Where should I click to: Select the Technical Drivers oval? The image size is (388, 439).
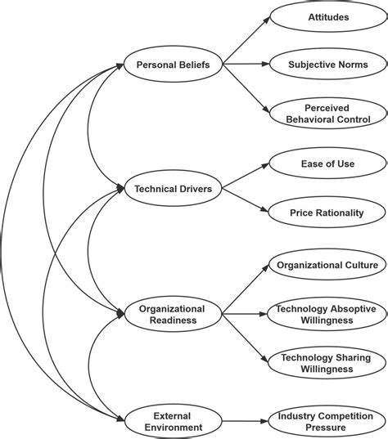[173, 189]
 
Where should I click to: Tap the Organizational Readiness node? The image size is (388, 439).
[172, 315]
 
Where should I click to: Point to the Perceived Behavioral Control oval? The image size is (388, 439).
[327, 112]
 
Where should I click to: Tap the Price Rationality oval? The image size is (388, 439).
[327, 213]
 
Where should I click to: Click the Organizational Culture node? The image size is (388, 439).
[327, 265]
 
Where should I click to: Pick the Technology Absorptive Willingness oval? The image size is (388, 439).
[327, 315]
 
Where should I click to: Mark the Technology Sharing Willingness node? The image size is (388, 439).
[327, 364]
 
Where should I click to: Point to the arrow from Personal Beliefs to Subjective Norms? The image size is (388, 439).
[246, 62]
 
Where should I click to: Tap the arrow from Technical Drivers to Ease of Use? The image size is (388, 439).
[246, 175]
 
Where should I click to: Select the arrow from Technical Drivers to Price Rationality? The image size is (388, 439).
[246, 202]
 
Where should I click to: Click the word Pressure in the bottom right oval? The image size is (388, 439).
[327, 429]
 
